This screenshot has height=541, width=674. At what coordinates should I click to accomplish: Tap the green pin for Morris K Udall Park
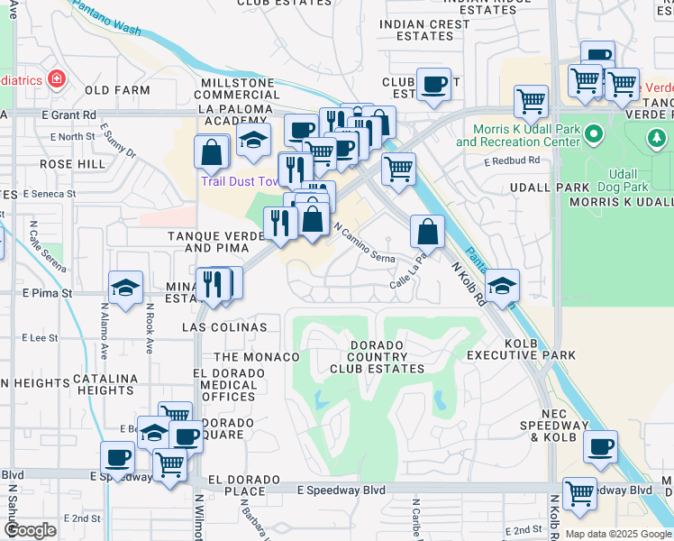(x=593, y=135)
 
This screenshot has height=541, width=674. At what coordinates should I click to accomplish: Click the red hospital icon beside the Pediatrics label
(x=57, y=79)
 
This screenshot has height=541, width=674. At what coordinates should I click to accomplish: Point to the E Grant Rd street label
(x=68, y=115)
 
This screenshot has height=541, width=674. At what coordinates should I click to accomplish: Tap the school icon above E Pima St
(x=125, y=288)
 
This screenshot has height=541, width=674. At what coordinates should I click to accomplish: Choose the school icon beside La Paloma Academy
(x=254, y=140)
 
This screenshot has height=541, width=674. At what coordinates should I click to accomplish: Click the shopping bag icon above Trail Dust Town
(x=212, y=151)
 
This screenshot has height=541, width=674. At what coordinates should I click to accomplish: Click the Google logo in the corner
(x=30, y=529)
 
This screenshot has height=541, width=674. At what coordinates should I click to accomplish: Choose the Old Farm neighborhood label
(x=117, y=90)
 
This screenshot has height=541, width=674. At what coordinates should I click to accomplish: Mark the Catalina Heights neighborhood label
(x=105, y=384)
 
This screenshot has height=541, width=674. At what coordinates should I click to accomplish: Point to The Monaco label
(x=256, y=357)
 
